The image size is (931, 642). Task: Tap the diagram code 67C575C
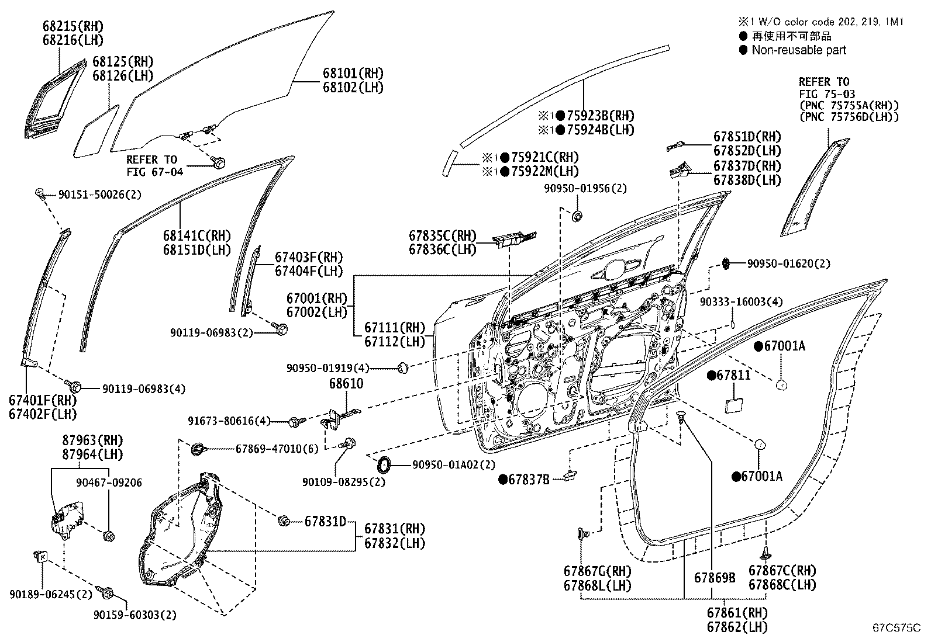click(896, 629)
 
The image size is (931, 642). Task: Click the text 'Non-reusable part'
click(798, 50)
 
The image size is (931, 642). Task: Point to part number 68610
click(346, 384)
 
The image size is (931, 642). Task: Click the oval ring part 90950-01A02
click(384, 465)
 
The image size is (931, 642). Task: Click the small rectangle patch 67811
click(733, 405)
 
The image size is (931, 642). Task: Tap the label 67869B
click(715, 578)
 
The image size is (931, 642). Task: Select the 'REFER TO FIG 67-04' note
click(154, 165)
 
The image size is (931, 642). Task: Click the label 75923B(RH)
click(599, 116)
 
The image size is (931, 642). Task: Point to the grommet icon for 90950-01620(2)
click(726, 263)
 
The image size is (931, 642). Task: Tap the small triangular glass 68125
click(96, 133)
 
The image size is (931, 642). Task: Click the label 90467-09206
click(109, 483)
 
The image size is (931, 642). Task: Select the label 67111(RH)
click(395, 328)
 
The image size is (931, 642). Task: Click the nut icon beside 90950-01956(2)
click(578, 217)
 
